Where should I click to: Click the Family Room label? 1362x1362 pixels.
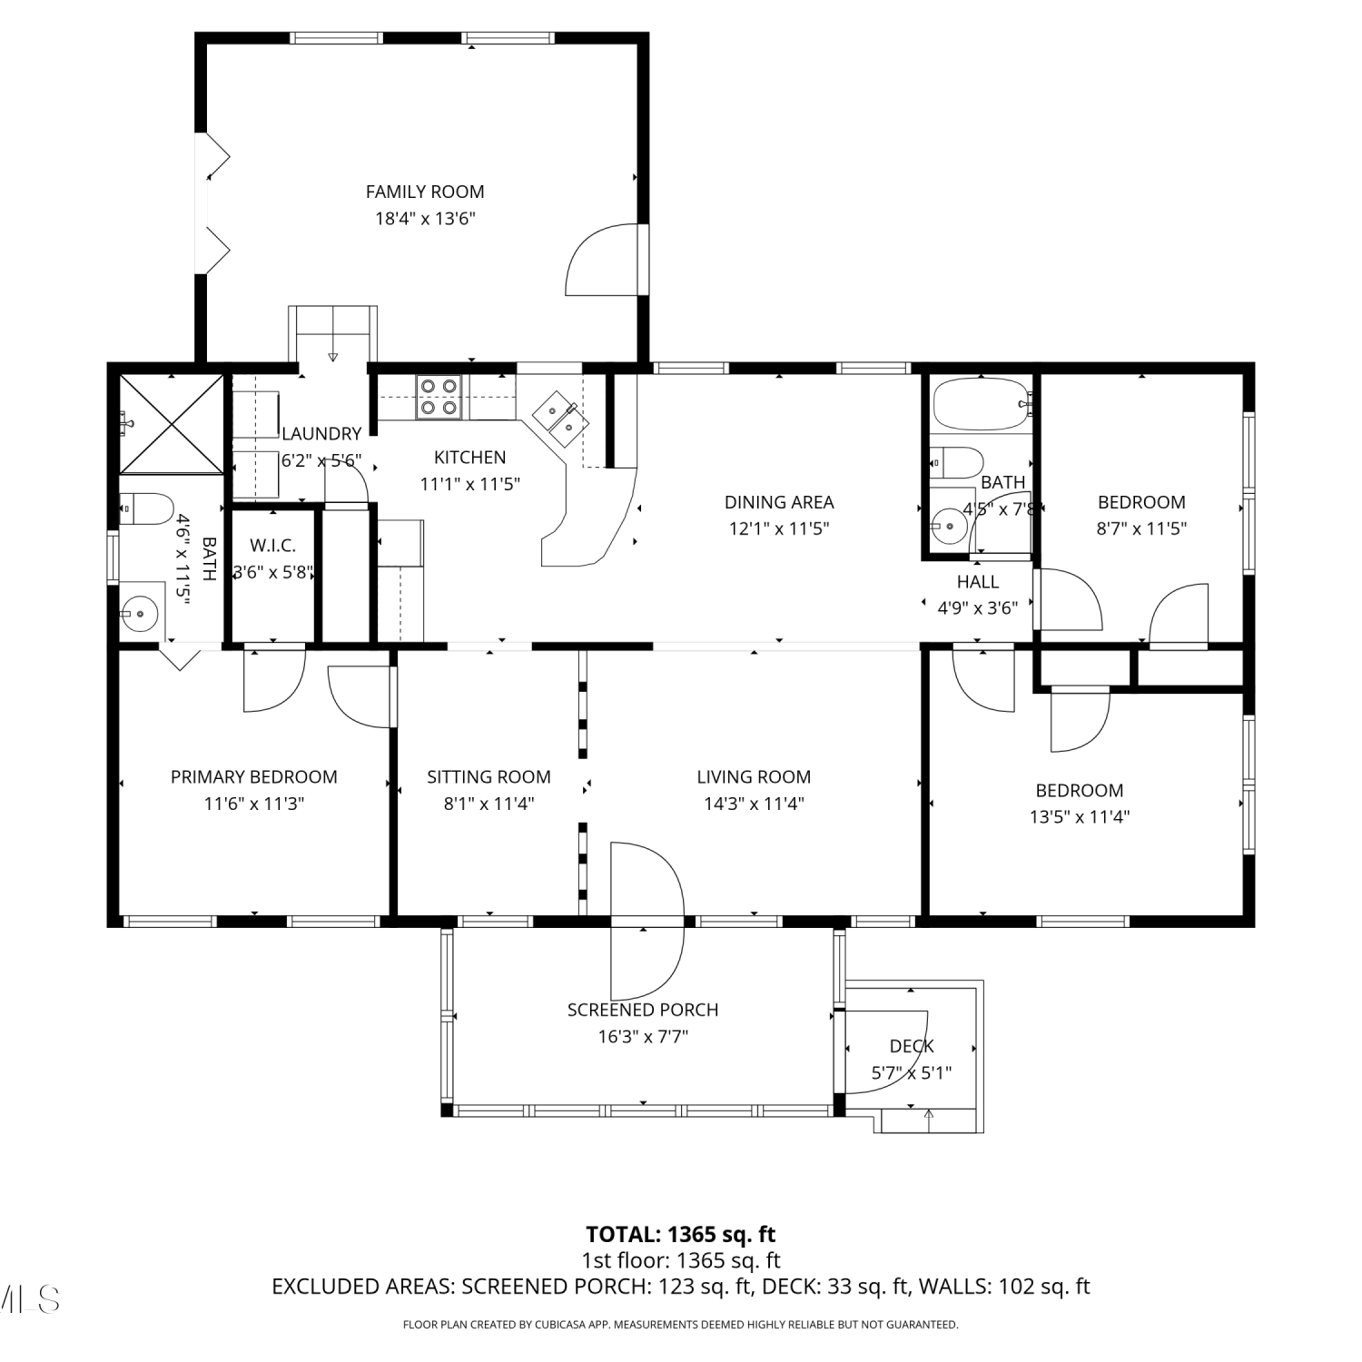(425, 192)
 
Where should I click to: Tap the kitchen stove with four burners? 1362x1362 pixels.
(439, 397)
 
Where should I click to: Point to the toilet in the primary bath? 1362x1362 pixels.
(145, 509)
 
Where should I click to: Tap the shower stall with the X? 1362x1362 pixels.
(171, 424)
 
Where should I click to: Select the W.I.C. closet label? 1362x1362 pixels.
(272, 546)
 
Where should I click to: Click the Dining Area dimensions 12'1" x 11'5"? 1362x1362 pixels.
(779, 528)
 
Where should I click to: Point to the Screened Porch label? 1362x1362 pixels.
(643, 1010)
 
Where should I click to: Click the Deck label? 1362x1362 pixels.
(912, 1046)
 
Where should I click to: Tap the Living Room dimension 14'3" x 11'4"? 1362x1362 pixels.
(754, 804)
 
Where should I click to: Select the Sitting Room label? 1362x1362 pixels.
(489, 777)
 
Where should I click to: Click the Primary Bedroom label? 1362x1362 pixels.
(254, 777)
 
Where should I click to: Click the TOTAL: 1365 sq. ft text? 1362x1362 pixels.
(681, 1234)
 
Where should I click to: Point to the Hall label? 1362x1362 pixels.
(978, 582)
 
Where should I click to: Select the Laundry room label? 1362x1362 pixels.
(321, 434)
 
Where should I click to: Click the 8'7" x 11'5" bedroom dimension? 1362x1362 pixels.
(1141, 528)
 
